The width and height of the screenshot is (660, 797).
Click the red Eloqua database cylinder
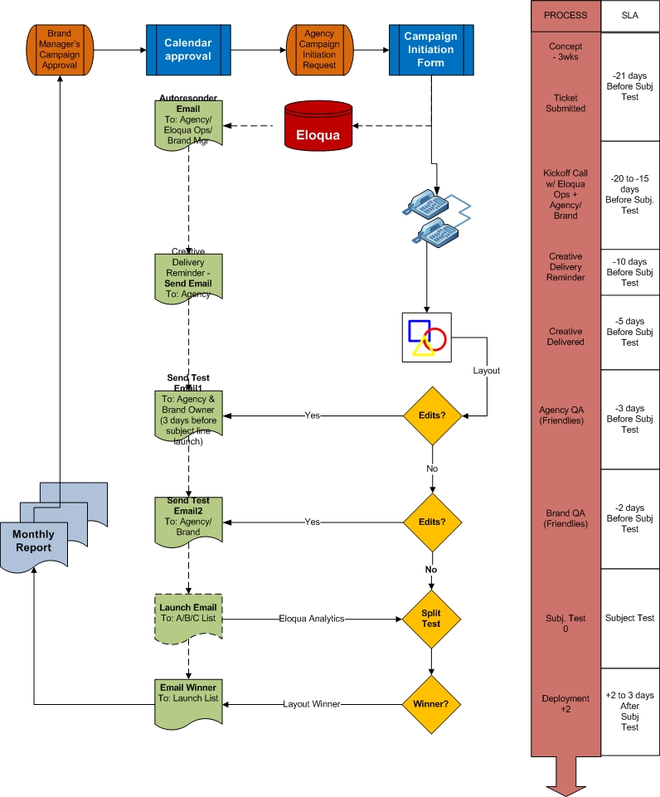click(x=318, y=125)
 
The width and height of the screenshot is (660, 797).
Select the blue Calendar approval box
click(x=188, y=50)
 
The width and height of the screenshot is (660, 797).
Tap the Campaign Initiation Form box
click(x=431, y=50)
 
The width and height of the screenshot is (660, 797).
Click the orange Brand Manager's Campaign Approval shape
click(x=60, y=50)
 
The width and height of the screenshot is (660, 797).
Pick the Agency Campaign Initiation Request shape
click(x=319, y=50)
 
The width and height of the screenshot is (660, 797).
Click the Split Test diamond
click(x=431, y=619)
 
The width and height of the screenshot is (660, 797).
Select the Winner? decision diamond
click(x=431, y=704)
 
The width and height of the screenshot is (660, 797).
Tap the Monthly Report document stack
click(x=54, y=527)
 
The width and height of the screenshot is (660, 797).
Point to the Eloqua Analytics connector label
click(x=312, y=619)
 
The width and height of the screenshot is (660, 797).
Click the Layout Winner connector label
click(x=312, y=704)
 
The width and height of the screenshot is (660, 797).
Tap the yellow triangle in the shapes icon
click(x=423, y=347)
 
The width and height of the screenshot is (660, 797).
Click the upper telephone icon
click(x=426, y=204)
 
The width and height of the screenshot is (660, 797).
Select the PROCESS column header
click(x=565, y=15)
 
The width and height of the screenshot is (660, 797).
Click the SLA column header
click(x=630, y=15)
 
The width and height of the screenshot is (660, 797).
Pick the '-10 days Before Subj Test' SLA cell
click(x=630, y=272)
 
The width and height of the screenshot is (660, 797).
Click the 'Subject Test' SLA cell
click(x=630, y=618)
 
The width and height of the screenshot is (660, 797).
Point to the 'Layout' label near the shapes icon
click(x=486, y=371)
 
